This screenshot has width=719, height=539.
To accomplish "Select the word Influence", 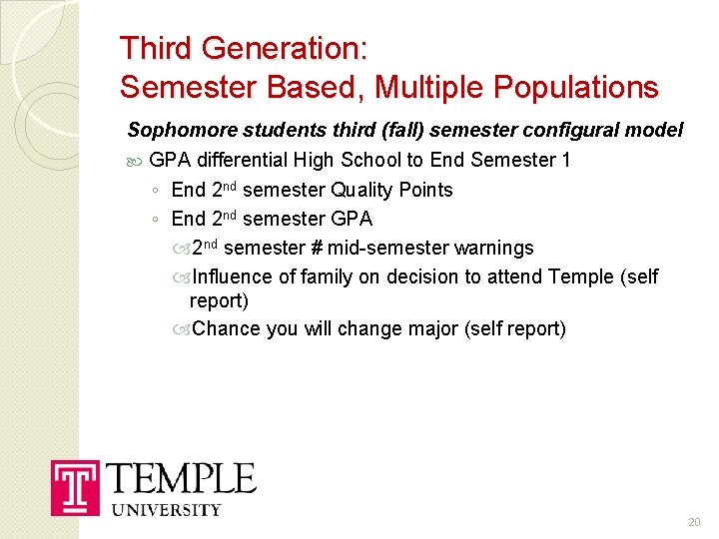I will pyautogui.click(x=233, y=276).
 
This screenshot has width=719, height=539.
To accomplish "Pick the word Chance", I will pyautogui.click(x=226, y=328).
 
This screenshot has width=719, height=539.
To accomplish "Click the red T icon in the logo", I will pyautogui.click(x=76, y=488).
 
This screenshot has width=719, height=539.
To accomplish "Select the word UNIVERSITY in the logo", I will pyautogui.click(x=166, y=509).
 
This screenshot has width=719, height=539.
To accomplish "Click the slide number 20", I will pyautogui.click(x=695, y=522).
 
